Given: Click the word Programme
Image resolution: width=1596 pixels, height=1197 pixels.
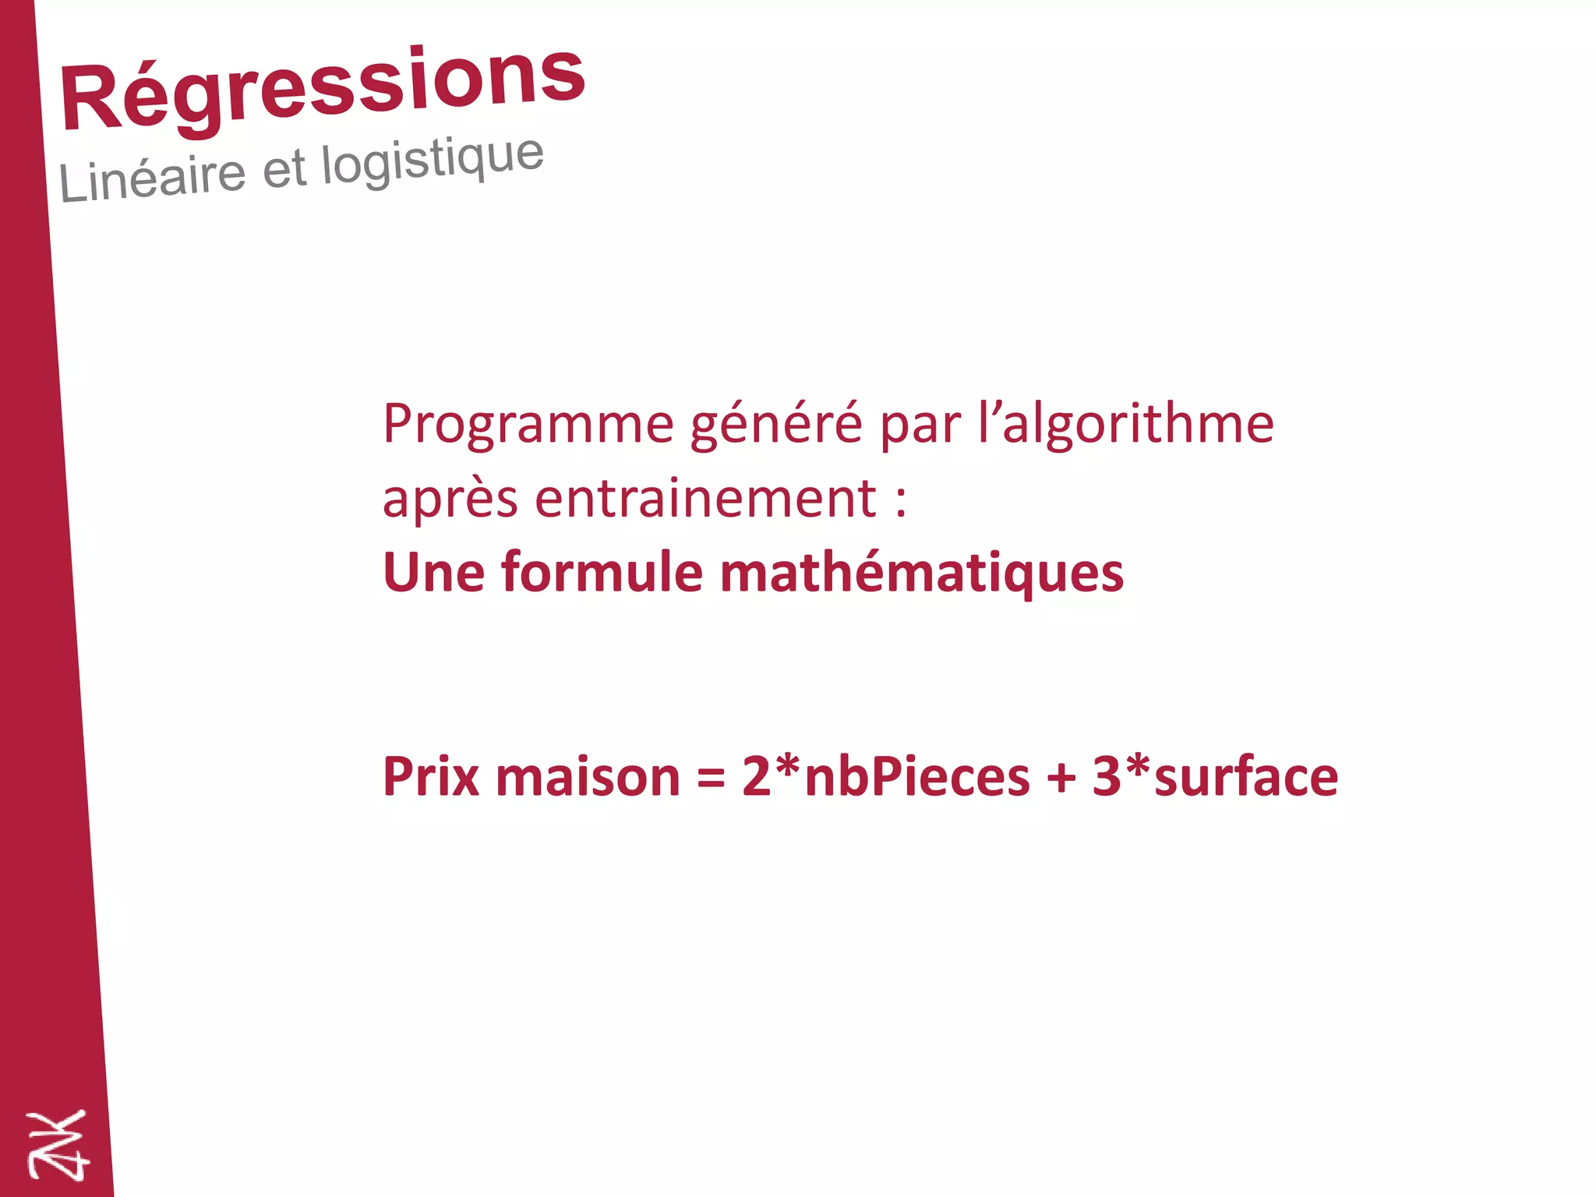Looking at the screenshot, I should (x=528, y=424).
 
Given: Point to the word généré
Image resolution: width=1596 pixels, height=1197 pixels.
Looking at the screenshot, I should (x=776, y=424).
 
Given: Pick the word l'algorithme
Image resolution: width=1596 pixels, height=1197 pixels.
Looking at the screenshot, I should (x=1125, y=424).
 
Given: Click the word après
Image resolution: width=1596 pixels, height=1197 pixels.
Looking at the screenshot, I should (x=450, y=499).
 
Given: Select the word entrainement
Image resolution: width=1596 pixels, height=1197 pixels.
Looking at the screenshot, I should (x=705, y=499).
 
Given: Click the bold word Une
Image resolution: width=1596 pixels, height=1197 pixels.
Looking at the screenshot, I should (x=433, y=573).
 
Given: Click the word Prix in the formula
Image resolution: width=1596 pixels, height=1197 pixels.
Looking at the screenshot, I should (x=430, y=777).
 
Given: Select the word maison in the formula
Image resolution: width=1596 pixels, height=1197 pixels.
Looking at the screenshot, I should (x=588, y=777).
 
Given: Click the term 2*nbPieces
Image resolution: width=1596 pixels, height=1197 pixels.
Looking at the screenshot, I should (x=885, y=777).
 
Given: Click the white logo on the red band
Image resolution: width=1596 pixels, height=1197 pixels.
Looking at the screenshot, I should (x=58, y=1145).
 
